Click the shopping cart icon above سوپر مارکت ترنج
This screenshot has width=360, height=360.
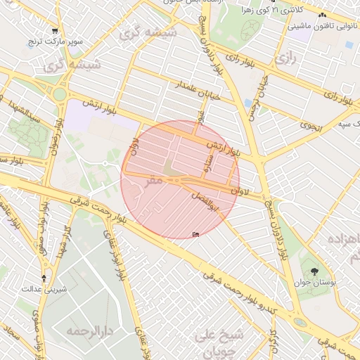point(55,31)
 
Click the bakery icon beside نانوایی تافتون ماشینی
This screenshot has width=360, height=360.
point(323,15)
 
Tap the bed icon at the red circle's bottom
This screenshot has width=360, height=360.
point(195,234)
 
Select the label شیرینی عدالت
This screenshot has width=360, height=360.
point(45,288)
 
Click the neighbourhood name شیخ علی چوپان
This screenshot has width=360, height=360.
point(219,340)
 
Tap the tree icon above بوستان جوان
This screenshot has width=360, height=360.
point(313,271)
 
